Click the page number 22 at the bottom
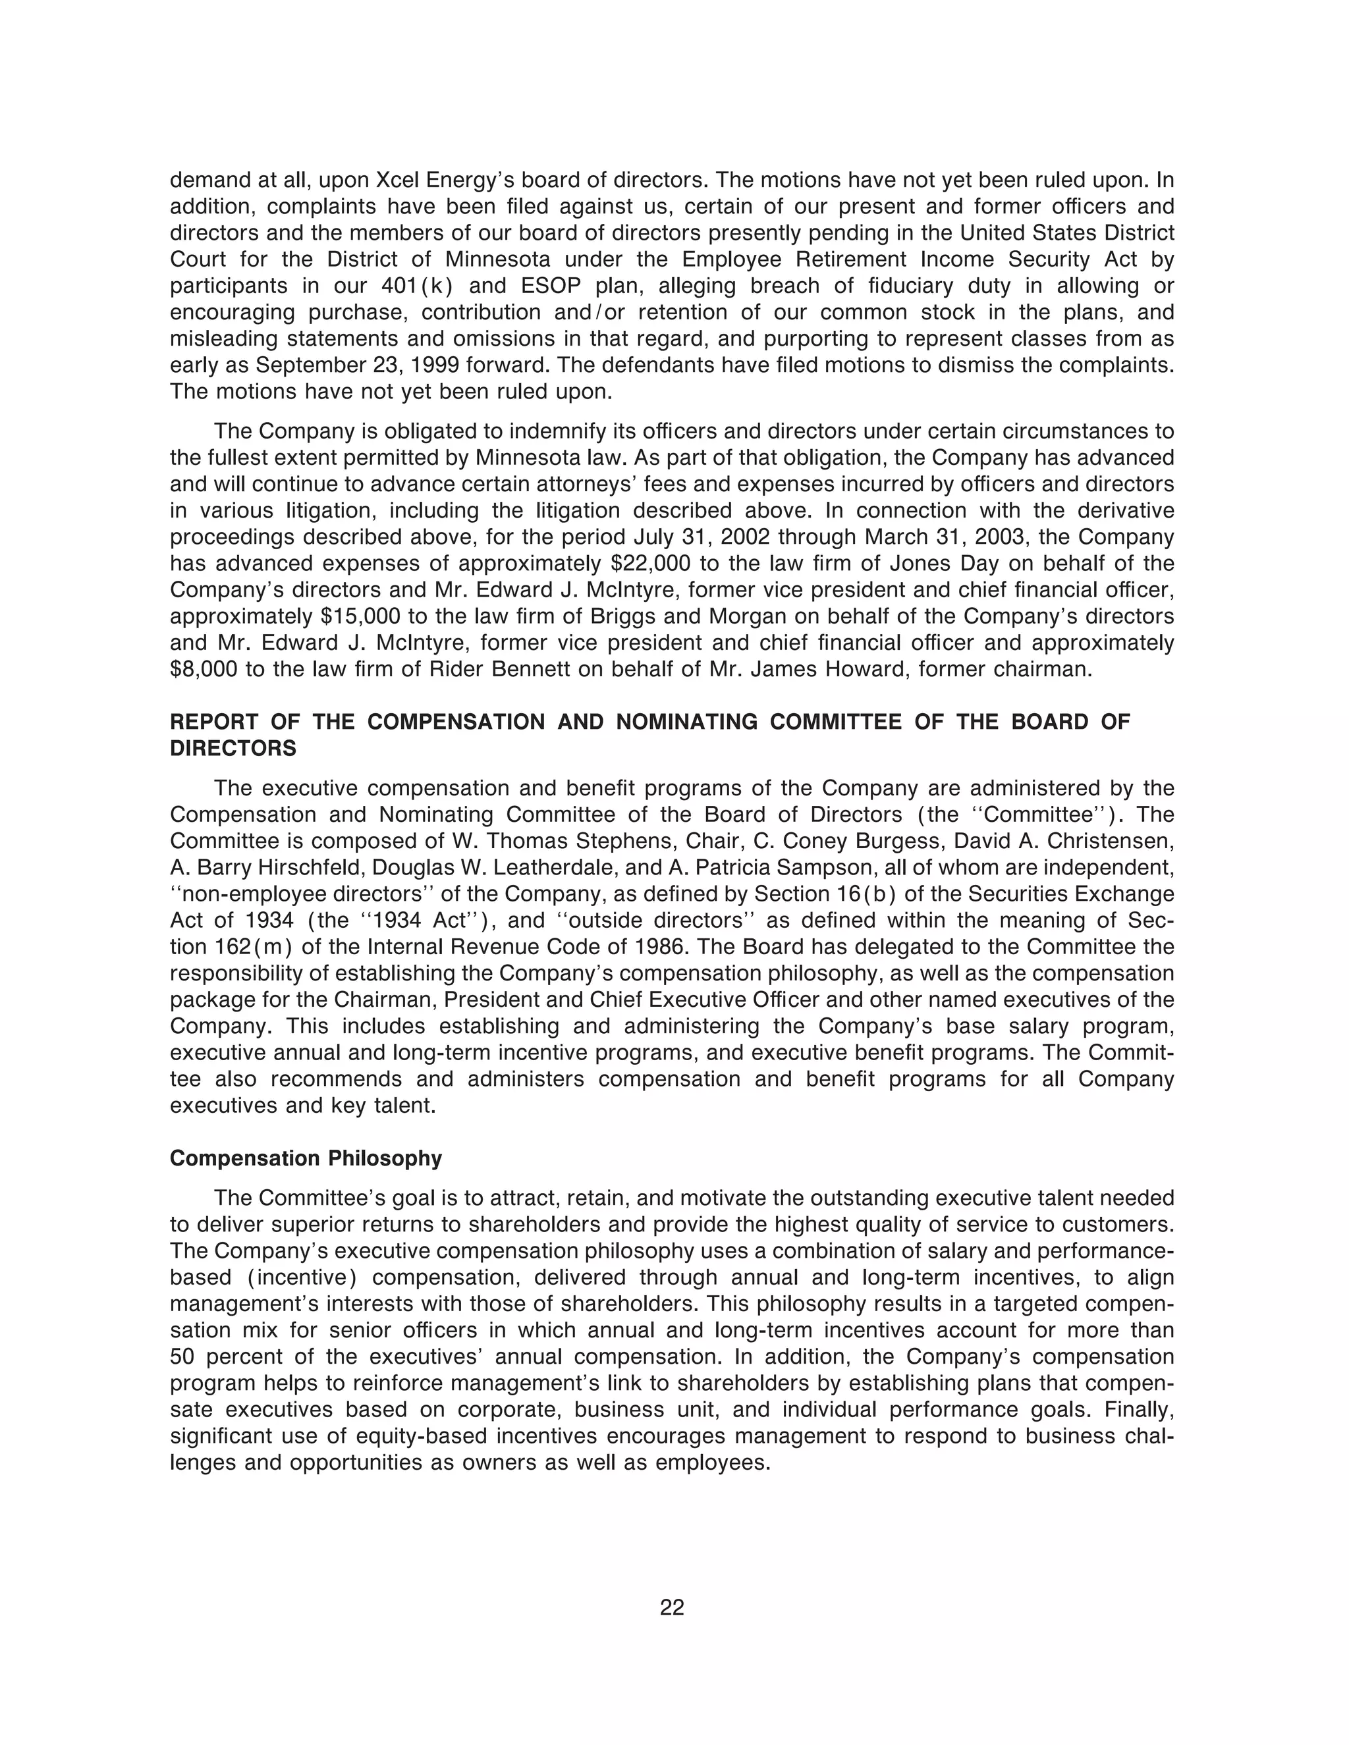[672, 1607]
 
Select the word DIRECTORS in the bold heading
[233, 749]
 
